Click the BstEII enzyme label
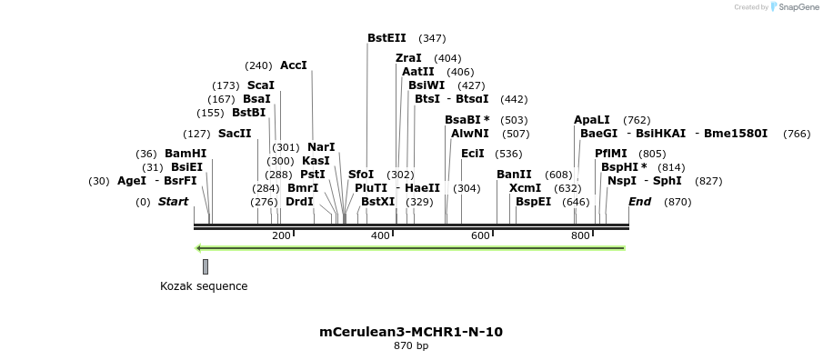tap(386, 38)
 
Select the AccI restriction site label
tap(294, 65)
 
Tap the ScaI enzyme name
tap(260, 85)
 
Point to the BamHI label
tap(185, 154)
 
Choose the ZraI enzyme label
tap(408, 58)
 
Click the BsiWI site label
tap(427, 85)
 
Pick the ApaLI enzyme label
tap(592, 120)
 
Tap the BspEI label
tap(533, 202)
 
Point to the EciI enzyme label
tap(473, 154)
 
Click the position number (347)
tap(432, 38)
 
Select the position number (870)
tap(677, 202)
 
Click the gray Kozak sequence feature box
tap(206, 266)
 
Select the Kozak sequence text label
tap(204, 286)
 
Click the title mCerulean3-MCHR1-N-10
tap(411, 332)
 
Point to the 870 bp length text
tap(411, 346)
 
